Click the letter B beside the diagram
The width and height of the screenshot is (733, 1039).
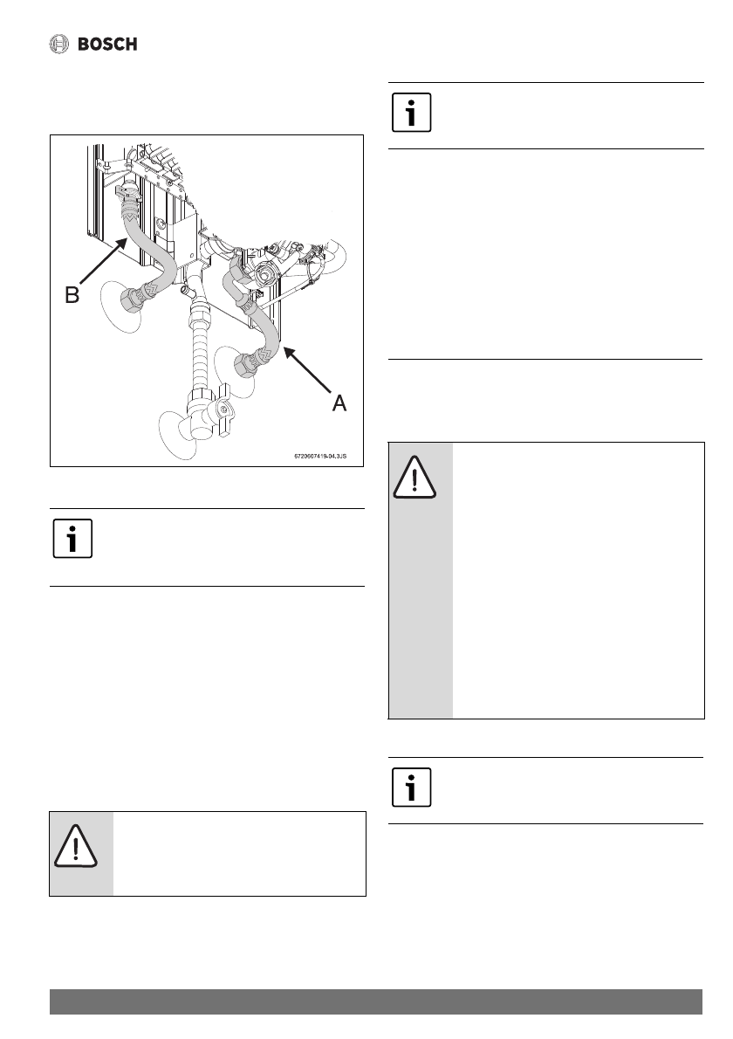tap(73, 296)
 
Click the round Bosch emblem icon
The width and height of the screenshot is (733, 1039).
tap(59, 44)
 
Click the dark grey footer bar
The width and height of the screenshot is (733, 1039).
tap(375, 1001)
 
